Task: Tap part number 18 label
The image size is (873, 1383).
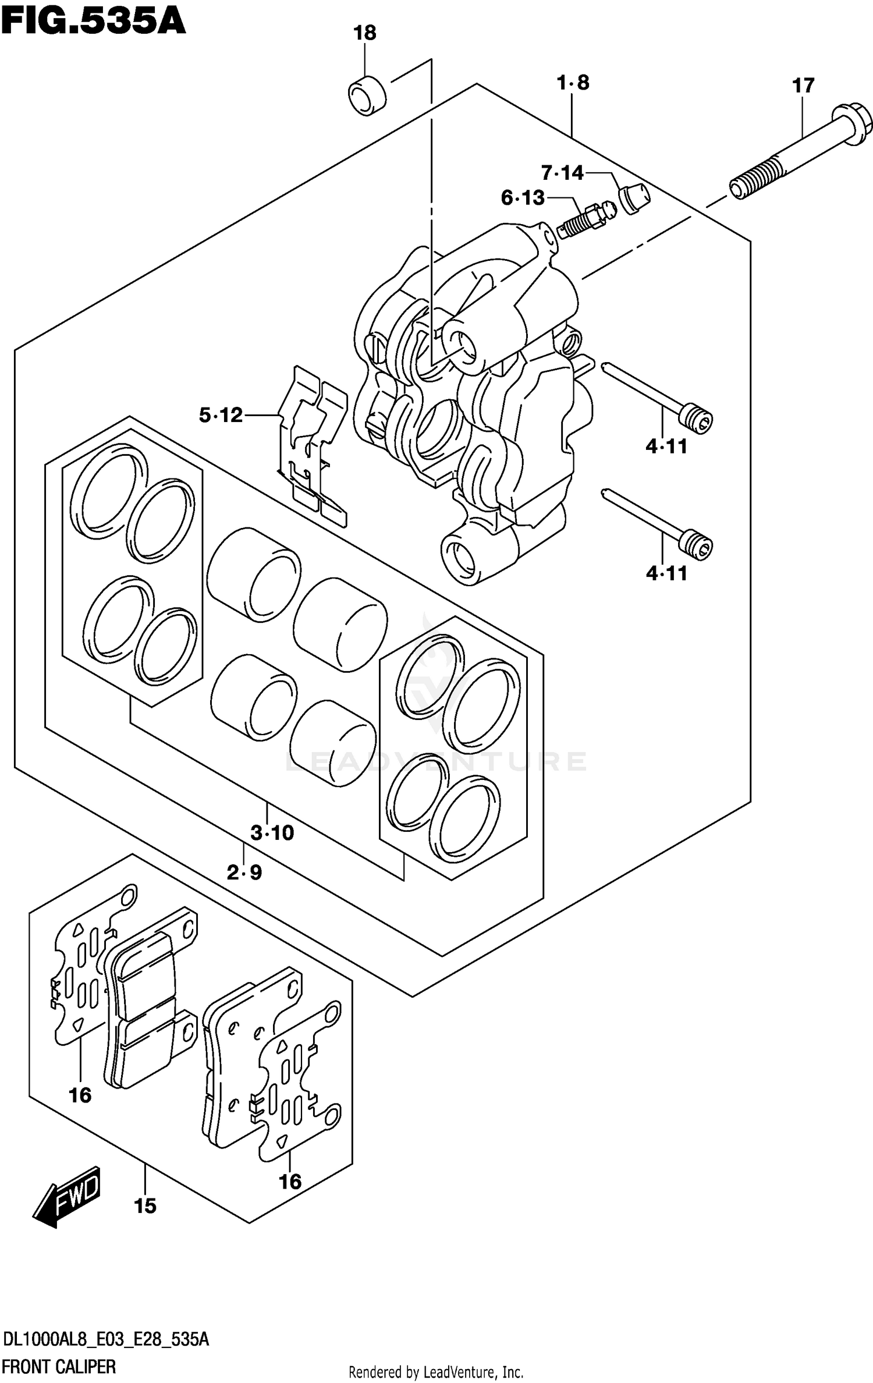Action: click(365, 33)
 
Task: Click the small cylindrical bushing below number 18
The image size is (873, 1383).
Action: click(367, 95)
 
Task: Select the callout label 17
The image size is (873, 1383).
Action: click(803, 86)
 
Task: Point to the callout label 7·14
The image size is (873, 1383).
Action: click(562, 173)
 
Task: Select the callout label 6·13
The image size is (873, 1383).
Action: click(523, 198)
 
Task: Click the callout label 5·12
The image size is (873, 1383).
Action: click(221, 415)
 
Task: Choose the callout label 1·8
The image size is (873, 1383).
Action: click(573, 83)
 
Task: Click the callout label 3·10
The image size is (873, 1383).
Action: click(272, 833)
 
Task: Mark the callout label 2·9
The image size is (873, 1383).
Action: click(244, 873)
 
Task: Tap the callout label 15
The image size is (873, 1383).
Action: click(145, 1205)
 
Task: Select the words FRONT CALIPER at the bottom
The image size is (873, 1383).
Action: click(59, 1366)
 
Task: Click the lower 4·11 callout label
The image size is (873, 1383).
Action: click(666, 573)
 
